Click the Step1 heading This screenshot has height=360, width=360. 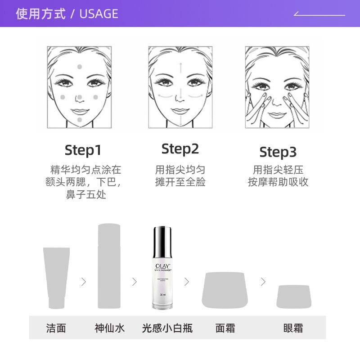83,150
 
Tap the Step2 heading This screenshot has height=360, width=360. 180,149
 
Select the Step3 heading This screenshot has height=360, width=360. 278,152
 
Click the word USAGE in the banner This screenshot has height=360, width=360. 99,14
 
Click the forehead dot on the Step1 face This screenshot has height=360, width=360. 80,67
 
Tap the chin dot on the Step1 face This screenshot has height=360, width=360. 80,119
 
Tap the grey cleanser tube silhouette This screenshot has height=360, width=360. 56,277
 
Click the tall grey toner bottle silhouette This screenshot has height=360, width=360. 109,265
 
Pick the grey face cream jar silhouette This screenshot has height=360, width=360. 225,290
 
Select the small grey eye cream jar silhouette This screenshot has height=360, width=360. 293,297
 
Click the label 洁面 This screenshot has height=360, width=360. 56,328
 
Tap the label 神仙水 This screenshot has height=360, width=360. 109,328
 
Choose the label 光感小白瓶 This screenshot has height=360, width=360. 167,328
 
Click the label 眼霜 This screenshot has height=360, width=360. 293,328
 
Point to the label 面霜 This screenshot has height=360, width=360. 225,328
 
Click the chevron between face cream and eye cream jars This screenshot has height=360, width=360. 263,282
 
